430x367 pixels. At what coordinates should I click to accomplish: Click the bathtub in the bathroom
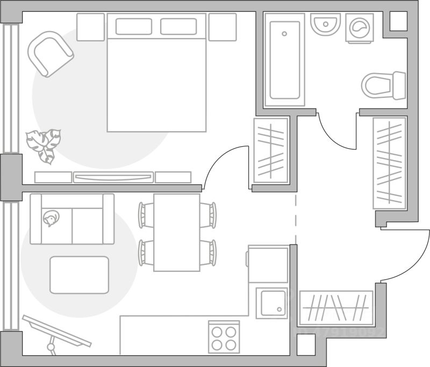(x=284, y=60)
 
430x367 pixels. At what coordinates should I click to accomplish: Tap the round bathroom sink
(x=326, y=24)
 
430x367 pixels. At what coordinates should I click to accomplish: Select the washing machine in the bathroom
(x=359, y=28)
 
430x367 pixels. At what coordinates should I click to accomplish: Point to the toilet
(x=383, y=85)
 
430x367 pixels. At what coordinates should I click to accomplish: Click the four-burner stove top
(x=224, y=337)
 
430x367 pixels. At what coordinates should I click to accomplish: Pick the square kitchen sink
(x=271, y=304)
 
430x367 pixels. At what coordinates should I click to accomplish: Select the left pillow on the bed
(x=133, y=27)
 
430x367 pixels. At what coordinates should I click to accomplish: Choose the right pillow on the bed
(x=178, y=27)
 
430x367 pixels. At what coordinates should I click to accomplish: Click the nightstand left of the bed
(x=90, y=27)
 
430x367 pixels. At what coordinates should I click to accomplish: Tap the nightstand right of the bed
(x=223, y=27)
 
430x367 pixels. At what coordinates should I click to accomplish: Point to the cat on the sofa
(x=51, y=219)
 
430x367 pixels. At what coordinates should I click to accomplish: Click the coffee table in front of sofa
(x=79, y=275)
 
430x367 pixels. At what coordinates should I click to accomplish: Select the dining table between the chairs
(x=177, y=232)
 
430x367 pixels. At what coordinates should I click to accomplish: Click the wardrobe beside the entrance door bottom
(x=336, y=308)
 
